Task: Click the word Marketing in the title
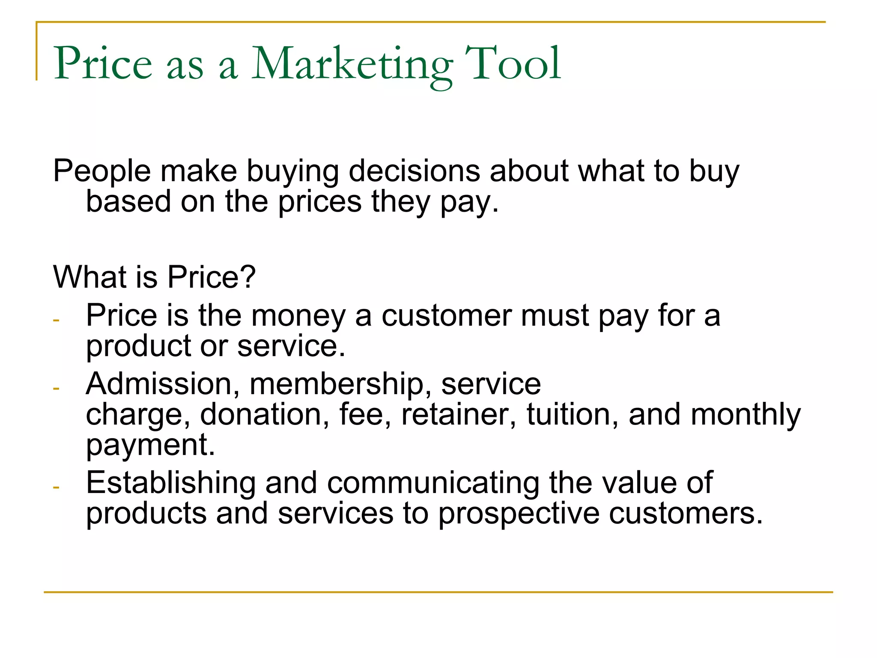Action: point(351,64)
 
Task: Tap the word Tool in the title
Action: point(513,64)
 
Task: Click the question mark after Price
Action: point(248,277)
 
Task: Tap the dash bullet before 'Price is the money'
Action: point(56,320)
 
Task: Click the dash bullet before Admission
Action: point(56,389)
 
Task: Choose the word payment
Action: point(150,446)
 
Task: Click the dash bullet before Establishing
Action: point(56,488)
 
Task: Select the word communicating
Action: point(433,483)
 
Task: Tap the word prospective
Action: point(519,514)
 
